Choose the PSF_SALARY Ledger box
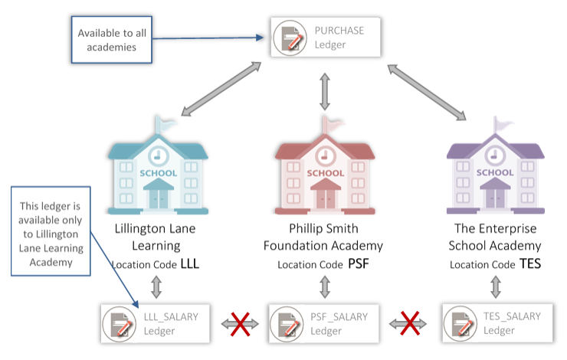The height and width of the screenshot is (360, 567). coord(325,324)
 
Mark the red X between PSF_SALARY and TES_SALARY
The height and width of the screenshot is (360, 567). coord(410,324)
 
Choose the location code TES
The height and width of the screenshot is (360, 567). coord(529,264)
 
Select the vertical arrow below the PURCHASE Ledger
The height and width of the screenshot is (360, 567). coord(325,90)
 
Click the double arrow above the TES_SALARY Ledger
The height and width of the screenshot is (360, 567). coord(496,287)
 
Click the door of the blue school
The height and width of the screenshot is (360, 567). coord(157,199)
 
